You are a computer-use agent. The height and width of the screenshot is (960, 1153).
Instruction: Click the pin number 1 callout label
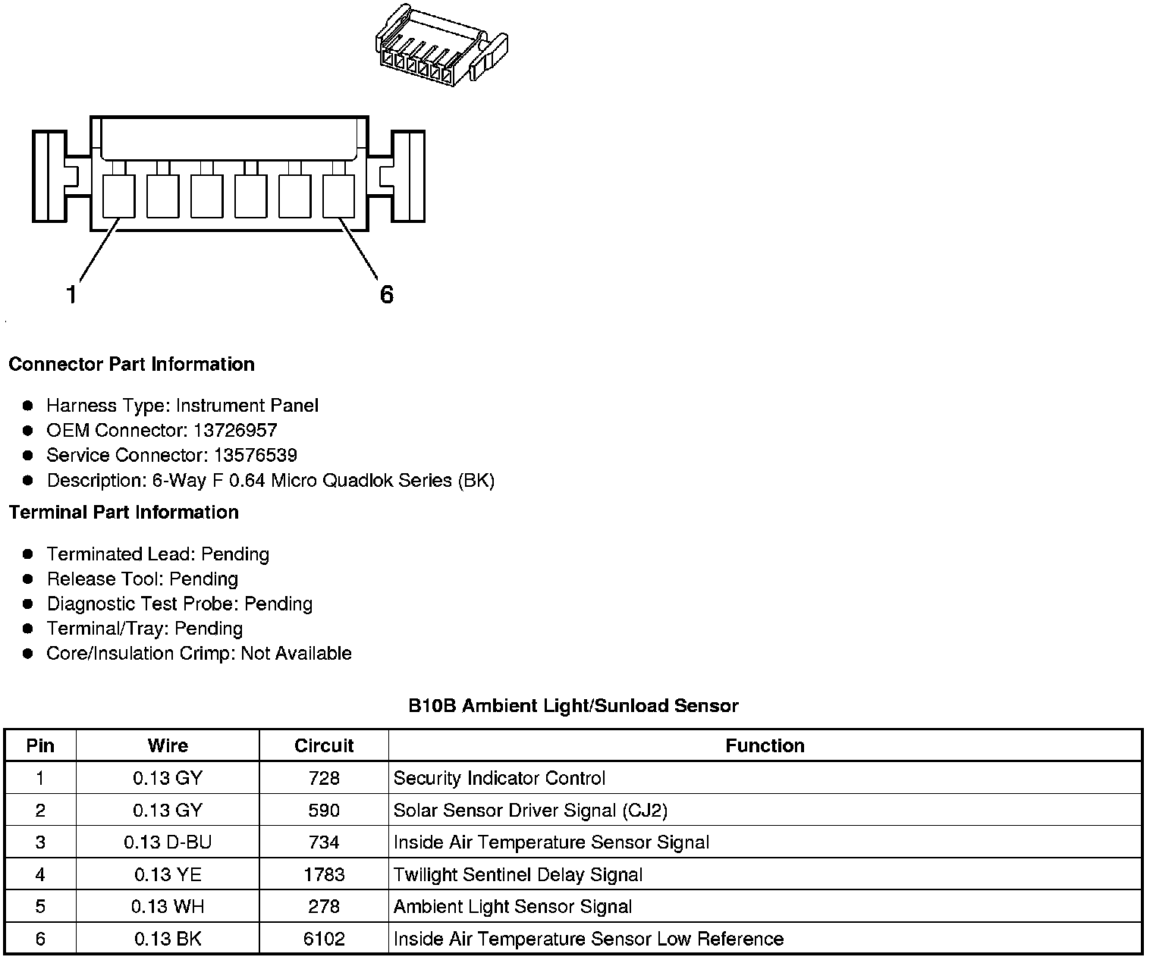tap(71, 294)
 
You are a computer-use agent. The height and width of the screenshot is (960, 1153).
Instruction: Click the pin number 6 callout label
tap(386, 294)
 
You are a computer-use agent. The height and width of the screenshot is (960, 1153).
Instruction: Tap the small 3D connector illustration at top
tap(441, 45)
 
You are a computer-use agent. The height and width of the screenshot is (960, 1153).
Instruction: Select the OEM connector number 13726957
tap(235, 431)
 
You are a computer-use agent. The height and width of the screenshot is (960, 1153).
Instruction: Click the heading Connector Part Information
tap(131, 365)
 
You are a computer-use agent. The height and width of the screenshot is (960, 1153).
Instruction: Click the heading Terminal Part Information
tap(124, 513)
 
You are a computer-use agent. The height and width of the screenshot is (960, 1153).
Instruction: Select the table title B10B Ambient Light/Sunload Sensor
tap(573, 706)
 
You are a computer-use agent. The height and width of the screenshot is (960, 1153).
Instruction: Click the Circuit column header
tap(324, 746)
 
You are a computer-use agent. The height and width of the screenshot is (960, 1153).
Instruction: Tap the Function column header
tap(765, 746)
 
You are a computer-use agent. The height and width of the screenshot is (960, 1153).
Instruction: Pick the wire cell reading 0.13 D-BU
tap(168, 842)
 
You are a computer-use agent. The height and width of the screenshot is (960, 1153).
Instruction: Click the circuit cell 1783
tap(324, 875)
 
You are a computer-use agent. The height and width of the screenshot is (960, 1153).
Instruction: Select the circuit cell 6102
tap(324, 940)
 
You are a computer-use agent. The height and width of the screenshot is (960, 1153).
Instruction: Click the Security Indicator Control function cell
tap(499, 779)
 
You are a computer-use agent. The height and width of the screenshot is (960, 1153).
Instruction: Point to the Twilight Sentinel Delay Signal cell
tap(517, 875)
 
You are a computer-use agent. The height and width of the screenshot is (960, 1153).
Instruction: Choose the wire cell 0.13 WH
tap(168, 907)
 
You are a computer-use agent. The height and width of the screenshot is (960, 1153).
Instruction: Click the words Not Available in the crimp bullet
tap(296, 654)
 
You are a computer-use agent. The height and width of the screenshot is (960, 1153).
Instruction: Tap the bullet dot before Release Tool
tap(28, 579)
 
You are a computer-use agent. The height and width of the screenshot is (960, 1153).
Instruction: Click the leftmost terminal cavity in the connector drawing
tap(118, 196)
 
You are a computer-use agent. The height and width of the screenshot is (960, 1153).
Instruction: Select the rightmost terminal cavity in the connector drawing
tap(339, 196)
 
